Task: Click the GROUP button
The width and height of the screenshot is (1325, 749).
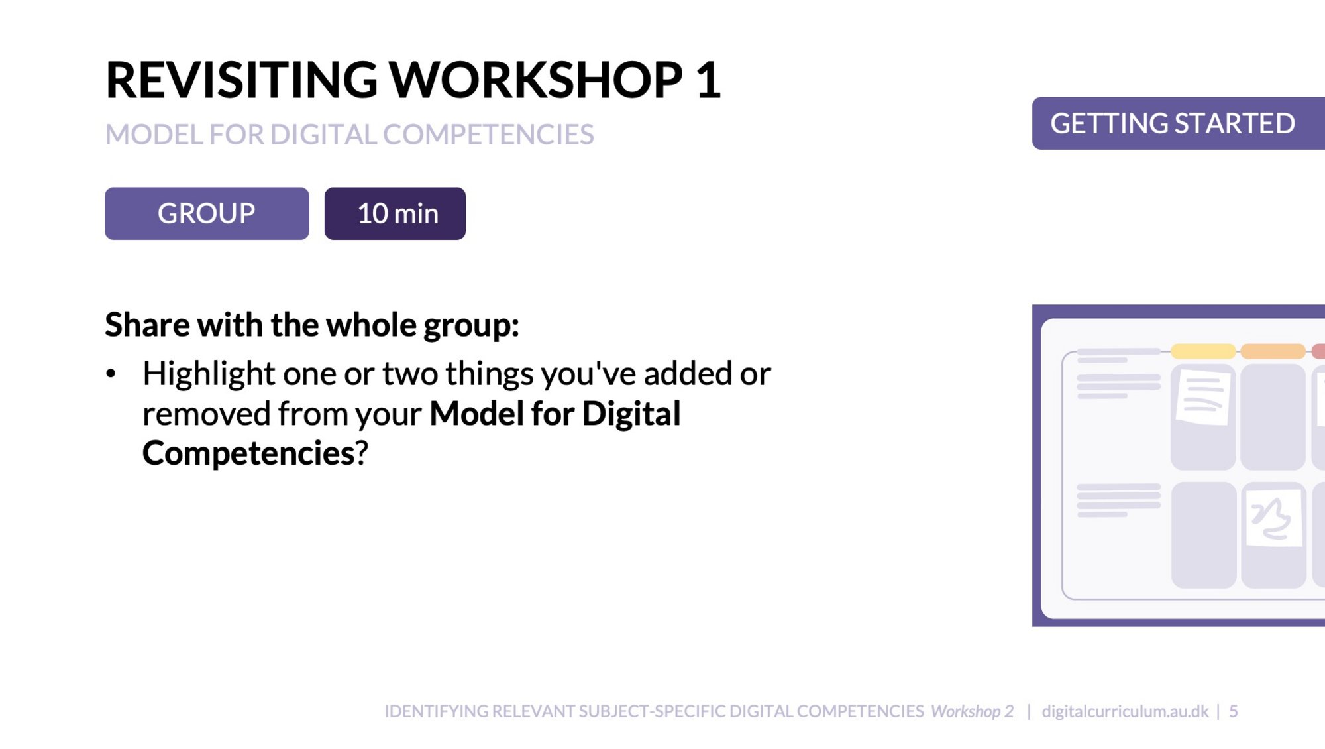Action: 207,213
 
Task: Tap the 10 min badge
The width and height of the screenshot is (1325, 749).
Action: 395,213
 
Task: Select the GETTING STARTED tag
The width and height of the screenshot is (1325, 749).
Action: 1179,123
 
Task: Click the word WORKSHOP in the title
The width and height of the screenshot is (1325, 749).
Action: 535,80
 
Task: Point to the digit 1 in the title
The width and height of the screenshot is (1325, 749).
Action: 708,80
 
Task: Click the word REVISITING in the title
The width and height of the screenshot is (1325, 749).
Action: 241,80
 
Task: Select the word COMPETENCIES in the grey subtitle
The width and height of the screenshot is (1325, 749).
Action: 488,135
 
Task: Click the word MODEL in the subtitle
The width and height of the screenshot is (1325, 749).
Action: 154,135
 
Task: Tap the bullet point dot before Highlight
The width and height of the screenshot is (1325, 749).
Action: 111,374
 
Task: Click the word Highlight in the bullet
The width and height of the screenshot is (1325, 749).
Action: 209,375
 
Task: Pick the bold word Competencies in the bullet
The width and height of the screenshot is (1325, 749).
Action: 248,453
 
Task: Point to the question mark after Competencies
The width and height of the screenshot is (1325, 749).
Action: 362,453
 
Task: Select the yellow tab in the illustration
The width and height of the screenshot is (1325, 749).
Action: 1203,351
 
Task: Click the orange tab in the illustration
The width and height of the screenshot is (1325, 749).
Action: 1273,351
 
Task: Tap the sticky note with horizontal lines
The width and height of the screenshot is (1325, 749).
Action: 1203,398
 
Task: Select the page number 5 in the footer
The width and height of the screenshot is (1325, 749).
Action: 1234,711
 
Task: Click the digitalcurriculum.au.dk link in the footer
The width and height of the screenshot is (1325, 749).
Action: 1125,711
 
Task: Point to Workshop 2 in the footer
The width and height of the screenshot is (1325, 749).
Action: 972,711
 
